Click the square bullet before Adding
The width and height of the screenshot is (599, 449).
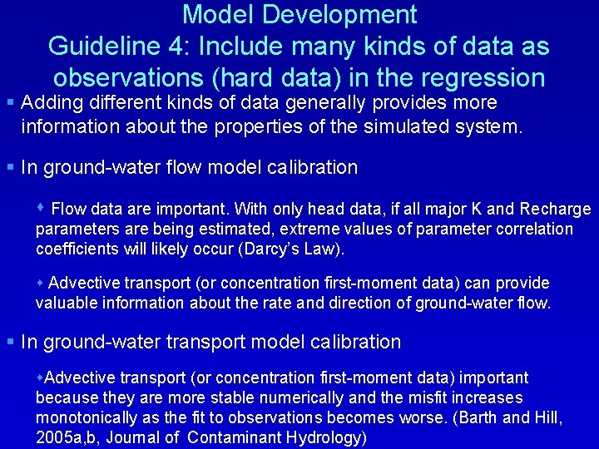coord(10,103)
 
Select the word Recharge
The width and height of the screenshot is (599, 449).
coord(556,209)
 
